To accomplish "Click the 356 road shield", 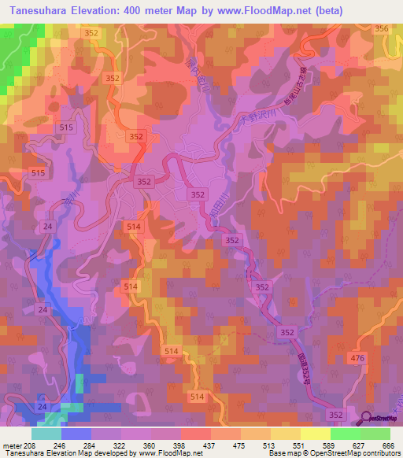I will tap(383, 28).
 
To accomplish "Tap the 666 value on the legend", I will tap(387, 445).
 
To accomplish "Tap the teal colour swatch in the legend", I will tap(46, 434).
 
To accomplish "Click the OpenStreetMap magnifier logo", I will tap(368, 419).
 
